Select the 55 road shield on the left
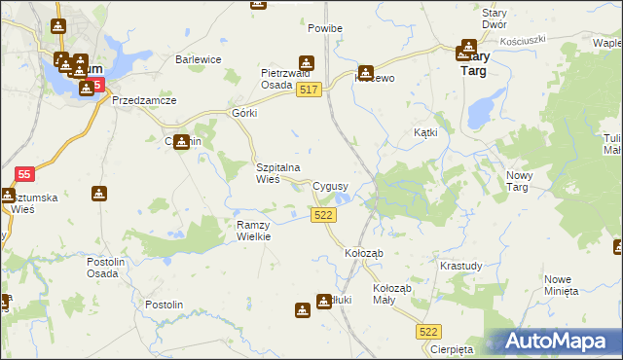(25, 174)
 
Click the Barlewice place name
(199, 59)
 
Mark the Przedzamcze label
(143, 100)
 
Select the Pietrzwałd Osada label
(284, 78)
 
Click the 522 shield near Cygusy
(324, 215)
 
